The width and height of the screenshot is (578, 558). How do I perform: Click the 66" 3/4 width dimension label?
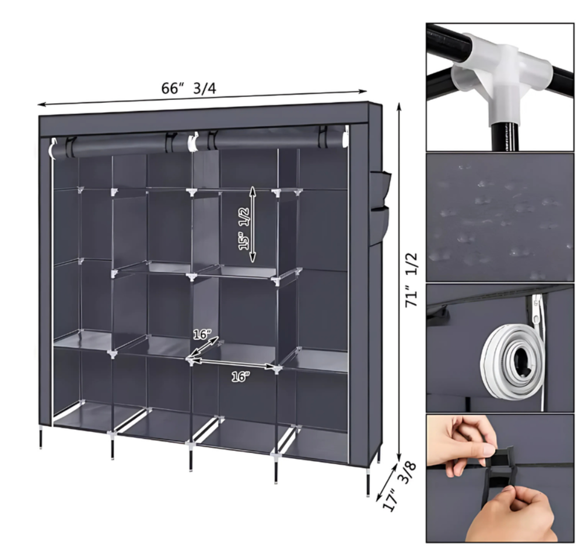(188, 88)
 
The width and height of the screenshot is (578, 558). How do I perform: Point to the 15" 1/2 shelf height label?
(244, 229)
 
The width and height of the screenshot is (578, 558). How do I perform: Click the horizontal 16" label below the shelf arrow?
(240, 376)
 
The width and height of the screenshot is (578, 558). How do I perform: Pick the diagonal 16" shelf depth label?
(202, 334)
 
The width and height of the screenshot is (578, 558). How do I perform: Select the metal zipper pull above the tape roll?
(537, 309)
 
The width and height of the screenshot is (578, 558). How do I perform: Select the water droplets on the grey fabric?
(500, 218)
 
